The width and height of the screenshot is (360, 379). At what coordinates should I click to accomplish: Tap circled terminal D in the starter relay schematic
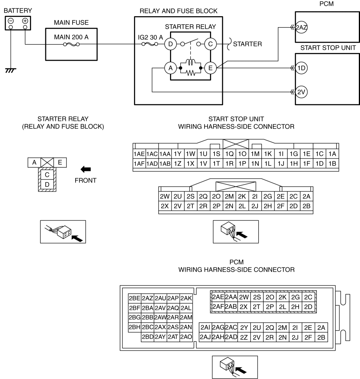tap(170, 44)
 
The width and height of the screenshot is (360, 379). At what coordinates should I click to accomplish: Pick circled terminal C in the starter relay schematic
tap(210, 44)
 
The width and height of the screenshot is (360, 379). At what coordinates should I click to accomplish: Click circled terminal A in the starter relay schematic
tap(170, 68)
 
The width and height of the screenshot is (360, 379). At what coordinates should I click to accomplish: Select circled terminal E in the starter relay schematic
tap(210, 68)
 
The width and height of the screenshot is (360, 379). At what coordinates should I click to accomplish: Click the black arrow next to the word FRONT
tap(86, 169)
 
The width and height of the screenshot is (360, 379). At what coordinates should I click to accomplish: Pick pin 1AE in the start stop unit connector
tap(139, 154)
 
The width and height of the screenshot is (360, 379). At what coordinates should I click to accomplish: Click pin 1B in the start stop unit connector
tap(332, 163)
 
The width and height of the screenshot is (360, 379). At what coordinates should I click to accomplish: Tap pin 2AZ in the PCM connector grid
tap(147, 298)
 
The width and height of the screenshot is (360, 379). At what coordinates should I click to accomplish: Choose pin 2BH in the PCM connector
tap(135, 327)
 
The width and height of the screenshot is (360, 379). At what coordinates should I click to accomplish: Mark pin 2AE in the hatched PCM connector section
tap(218, 296)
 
